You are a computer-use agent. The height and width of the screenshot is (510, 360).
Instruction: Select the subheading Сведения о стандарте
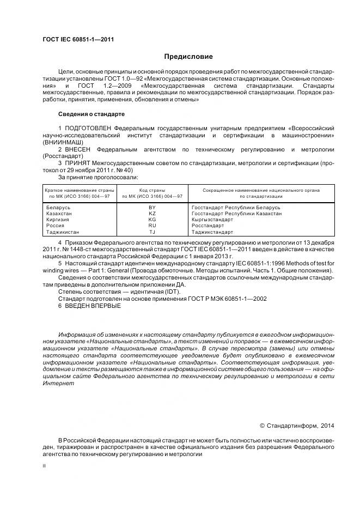tap(91, 114)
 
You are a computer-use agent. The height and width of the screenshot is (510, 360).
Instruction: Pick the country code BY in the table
tap(152, 208)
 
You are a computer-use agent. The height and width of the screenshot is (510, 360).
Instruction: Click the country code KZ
tap(152, 214)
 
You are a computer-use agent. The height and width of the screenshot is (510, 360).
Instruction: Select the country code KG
tap(152, 220)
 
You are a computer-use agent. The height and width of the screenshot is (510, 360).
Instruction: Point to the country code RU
tap(152, 226)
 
